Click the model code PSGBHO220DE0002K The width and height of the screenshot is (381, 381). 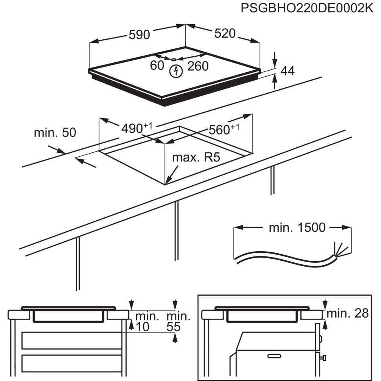307,8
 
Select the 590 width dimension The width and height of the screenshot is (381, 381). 139,35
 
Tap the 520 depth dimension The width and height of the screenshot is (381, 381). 225,34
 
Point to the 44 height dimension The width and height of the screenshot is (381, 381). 287,71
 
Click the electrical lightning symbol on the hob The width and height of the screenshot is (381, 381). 175,71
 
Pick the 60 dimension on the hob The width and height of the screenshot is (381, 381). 157,66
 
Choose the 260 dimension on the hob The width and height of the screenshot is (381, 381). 198,66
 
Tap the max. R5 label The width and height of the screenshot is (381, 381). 196,158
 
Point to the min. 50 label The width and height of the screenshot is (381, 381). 54,133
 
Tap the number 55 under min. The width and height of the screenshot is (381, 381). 173,327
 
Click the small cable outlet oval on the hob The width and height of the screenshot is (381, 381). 175,60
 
